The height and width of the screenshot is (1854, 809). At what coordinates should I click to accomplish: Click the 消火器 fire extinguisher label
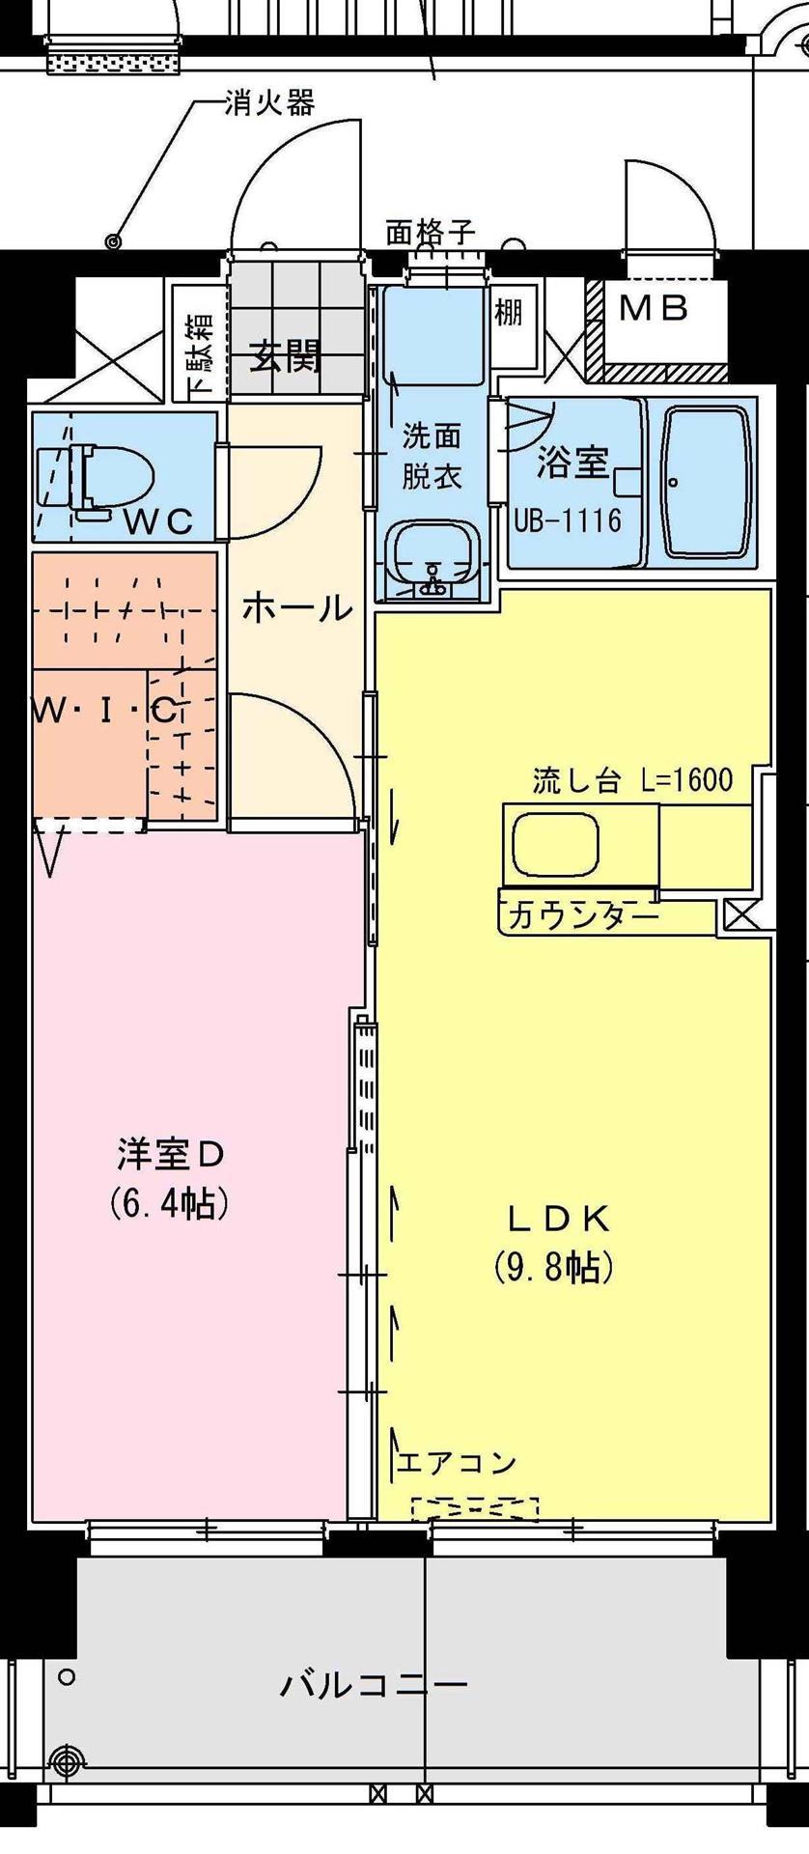coord(269,102)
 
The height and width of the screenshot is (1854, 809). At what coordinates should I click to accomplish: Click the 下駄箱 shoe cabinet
coord(199,344)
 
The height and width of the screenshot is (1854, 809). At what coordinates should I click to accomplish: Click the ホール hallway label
coord(295,609)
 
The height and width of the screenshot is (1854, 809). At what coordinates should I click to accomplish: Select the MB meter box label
coord(654,309)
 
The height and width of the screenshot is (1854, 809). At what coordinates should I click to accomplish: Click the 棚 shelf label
coord(509,313)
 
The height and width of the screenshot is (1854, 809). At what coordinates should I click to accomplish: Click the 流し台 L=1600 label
coord(631,780)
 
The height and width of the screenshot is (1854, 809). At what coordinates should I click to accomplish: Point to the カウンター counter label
coord(580,914)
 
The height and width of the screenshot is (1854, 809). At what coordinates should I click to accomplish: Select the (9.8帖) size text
coord(554,1266)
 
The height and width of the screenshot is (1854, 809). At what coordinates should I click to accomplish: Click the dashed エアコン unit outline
coord(474,1507)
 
